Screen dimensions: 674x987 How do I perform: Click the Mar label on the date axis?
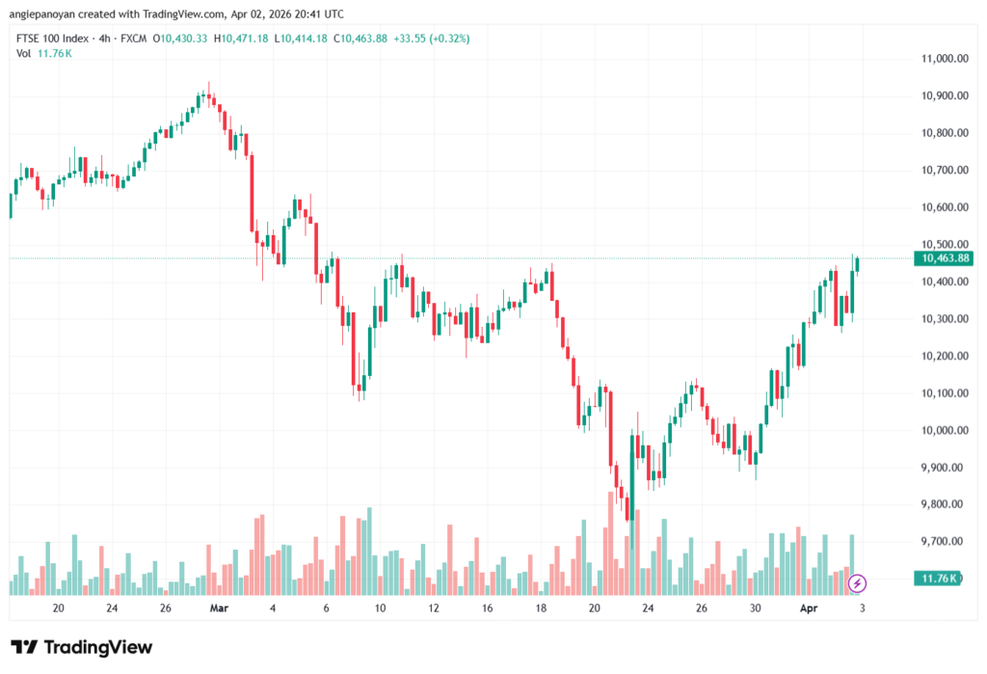point(219,608)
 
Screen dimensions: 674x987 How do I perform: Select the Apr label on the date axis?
point(810,608)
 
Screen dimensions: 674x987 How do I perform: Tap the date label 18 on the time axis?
point(542,608)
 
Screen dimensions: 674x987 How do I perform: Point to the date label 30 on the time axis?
point(756,608)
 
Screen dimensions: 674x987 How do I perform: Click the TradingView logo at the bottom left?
point(81,647)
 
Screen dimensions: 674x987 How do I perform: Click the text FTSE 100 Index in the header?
point(53,38)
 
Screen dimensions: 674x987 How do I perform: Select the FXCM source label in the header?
point(137,38)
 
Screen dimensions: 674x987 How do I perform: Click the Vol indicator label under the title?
point(24,53)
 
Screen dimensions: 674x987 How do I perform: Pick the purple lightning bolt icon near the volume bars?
point(857,583)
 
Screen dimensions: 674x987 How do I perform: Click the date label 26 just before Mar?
point(166,608)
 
